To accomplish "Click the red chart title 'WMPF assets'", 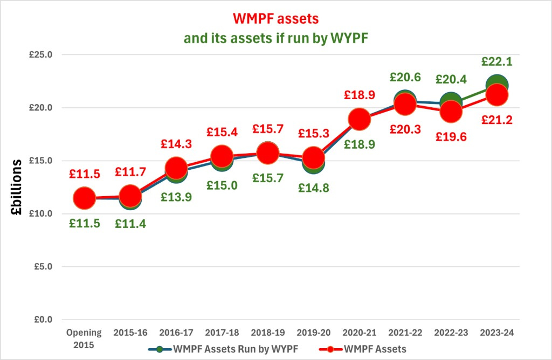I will coord(275,19).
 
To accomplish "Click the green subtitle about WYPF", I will coord(275,38).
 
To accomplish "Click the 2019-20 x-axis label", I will coord(313,333).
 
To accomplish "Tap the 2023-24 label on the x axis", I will coord(497,333).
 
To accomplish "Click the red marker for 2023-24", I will coord(497,95).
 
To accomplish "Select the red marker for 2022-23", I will coord(451,112).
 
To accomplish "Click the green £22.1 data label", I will coord(497,61).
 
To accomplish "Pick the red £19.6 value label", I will coord(451,136).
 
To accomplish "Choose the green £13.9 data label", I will coord(176,197).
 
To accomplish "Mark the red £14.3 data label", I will coord(176,144).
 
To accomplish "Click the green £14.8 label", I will coord(313,188).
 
